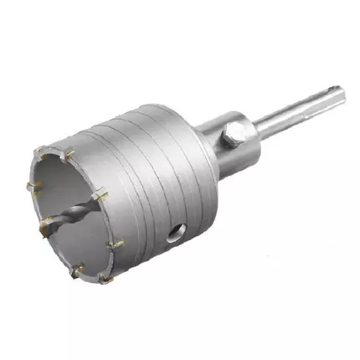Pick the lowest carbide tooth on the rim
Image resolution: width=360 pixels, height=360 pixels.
(x=105, y=276)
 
